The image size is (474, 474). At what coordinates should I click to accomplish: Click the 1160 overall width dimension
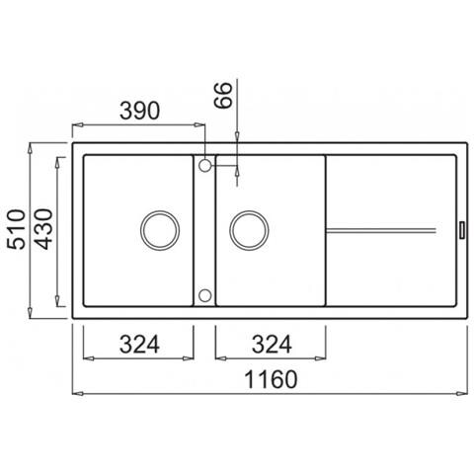pos(272,379)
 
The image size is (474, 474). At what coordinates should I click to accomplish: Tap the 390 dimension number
pos(139,111)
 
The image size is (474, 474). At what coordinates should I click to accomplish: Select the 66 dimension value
pos(223,95)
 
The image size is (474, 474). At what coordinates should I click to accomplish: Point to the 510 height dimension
pos(16,229)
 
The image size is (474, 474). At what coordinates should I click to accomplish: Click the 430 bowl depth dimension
pos(43,229)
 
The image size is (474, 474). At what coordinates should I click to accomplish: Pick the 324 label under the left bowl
pos(139,345)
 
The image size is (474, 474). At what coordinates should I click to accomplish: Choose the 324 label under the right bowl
pos(272,345)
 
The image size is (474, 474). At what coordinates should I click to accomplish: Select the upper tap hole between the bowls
pos(204,166)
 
